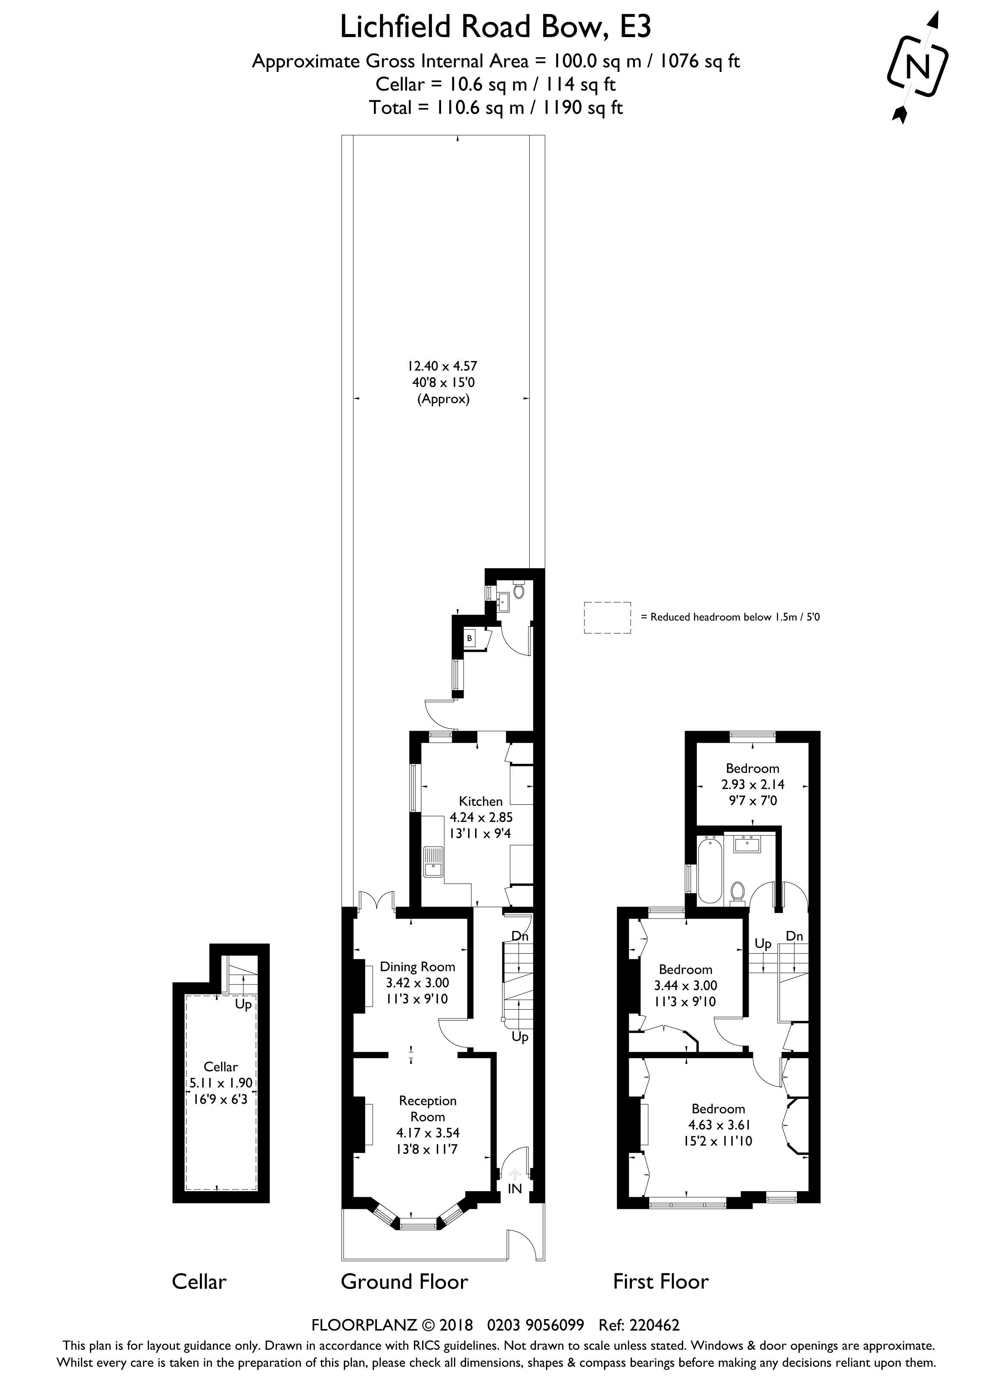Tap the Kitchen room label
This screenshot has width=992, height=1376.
point(481,801)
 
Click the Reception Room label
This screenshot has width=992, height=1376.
point(428,1108)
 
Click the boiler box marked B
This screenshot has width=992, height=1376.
point(469,638)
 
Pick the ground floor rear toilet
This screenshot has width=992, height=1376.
point(519,589)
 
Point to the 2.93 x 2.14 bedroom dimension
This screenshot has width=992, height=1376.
point(753,785)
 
